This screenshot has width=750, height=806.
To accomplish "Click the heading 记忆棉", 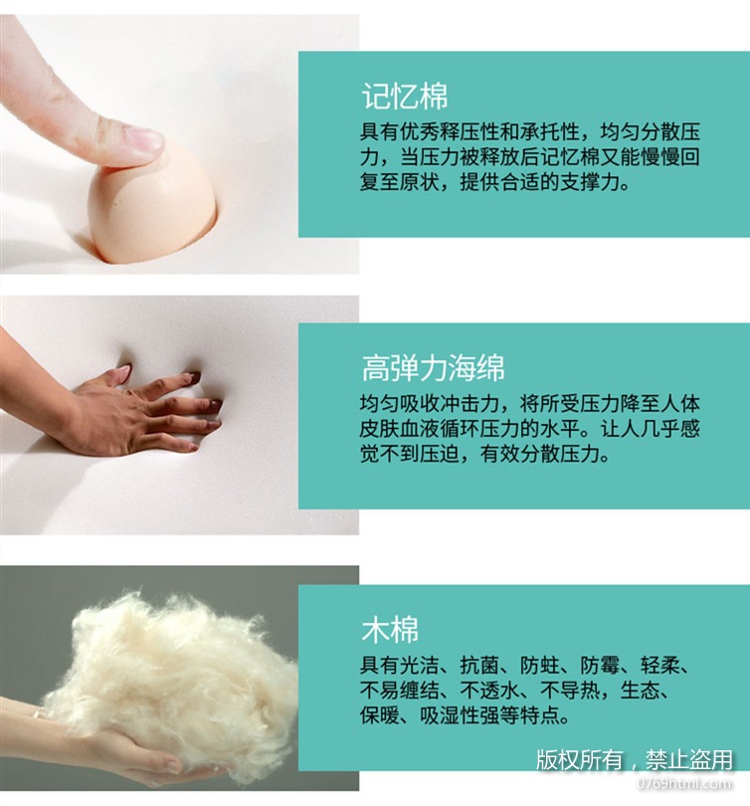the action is click(x=405, y=96).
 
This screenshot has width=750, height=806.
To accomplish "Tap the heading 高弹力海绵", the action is click(x=433, y=368).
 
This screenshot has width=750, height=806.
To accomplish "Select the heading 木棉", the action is click(x=390, y=629).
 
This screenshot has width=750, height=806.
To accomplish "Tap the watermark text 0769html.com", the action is click(x=684, y=783).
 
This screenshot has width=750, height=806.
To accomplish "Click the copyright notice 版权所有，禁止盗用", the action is click(x=635, y=760).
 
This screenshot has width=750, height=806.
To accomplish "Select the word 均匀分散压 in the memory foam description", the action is click(x=650, y=132).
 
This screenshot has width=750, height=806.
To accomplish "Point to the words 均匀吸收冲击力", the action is click(x=430, y=404).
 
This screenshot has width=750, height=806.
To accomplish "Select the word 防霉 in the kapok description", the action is click(x=600, y=666).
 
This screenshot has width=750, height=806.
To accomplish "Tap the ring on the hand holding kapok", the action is click(x=37, y=714).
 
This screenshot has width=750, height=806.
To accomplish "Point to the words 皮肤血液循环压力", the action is click(x=440, y=429).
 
